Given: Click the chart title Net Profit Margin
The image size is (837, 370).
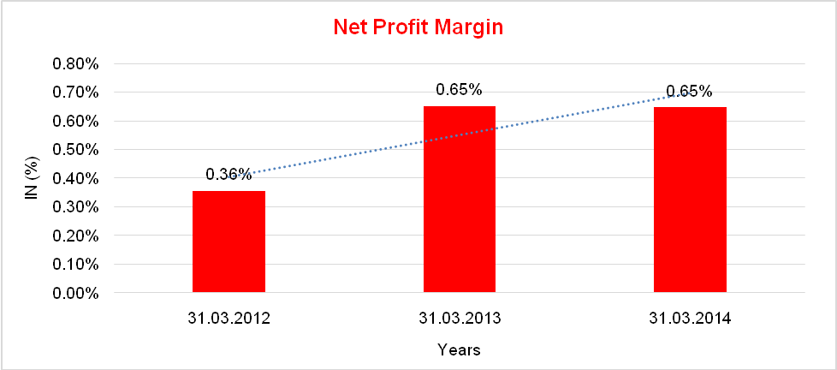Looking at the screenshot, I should [418, 27].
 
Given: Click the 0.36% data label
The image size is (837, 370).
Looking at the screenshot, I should [229, 175].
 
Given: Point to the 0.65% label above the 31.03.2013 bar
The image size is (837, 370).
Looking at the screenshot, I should [459, 89].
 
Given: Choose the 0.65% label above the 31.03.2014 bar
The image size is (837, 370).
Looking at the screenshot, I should [689, 91].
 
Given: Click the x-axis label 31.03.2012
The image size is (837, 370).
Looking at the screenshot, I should [229, 319].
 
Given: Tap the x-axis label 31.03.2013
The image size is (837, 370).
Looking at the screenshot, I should [460, 319].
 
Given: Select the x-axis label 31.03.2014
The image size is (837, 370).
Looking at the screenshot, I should [690, 319].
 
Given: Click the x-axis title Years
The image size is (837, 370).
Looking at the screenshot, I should [459, 349].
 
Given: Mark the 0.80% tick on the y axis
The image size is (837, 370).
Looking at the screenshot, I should [77, 63].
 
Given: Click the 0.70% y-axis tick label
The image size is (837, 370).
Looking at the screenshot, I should [77, 92].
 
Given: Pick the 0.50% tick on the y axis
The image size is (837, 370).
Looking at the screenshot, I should [77, 150].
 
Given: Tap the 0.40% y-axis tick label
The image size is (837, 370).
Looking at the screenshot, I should [77, 178].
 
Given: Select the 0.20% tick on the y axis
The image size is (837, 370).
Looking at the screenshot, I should [77, 236].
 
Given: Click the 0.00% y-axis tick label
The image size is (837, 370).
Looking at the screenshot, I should [77, 293].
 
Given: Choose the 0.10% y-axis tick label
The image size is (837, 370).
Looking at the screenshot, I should [77, 265].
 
